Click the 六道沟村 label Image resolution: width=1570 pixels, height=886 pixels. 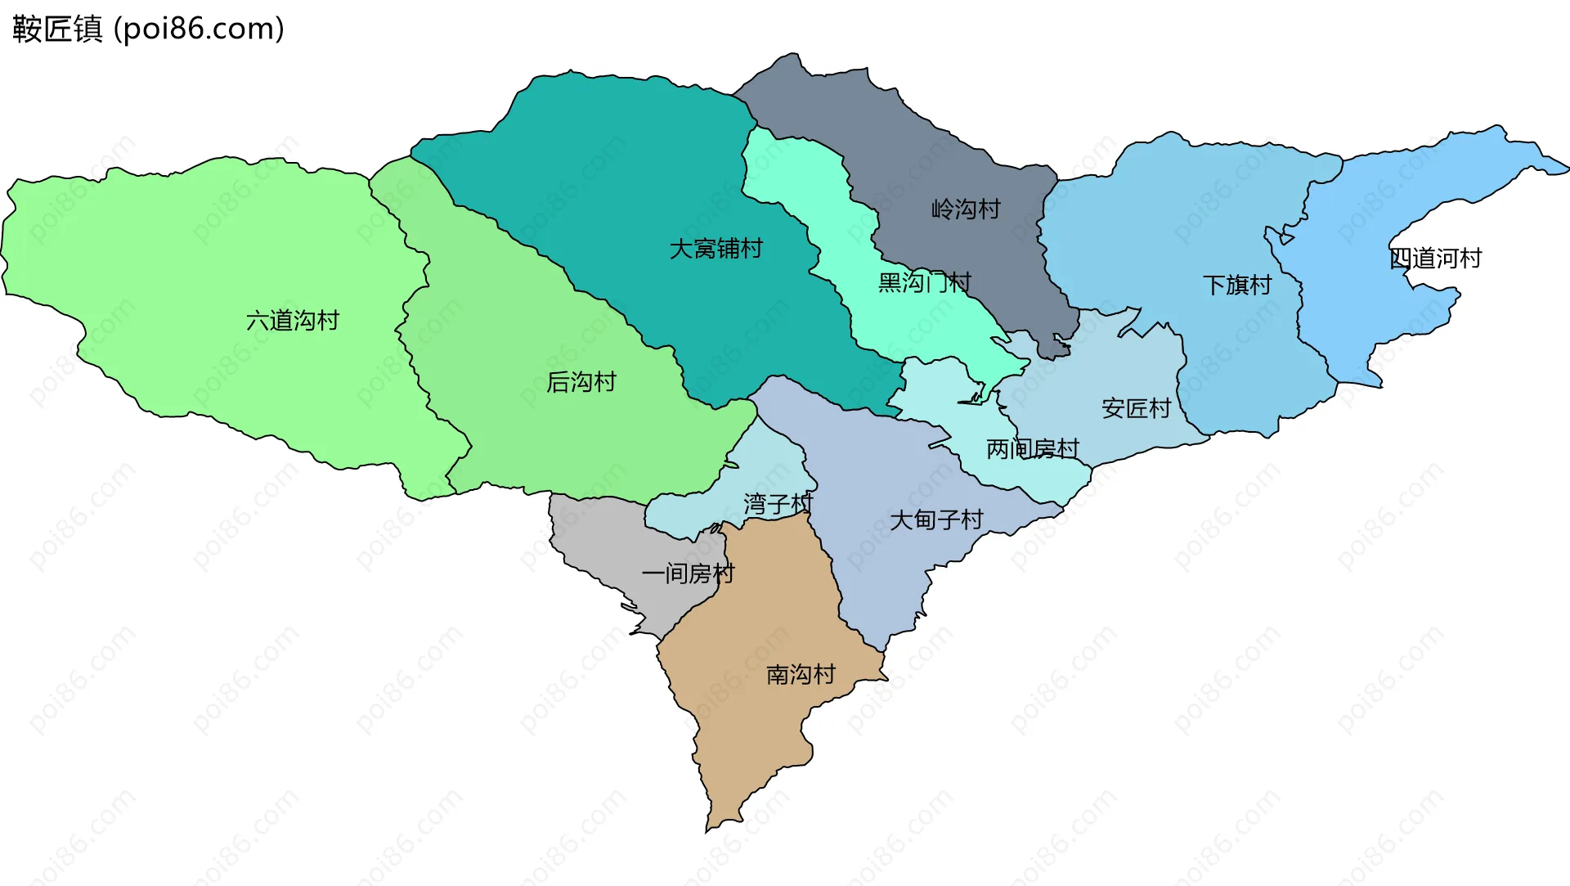point(293,321)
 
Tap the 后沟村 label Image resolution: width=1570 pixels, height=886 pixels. point(581,382)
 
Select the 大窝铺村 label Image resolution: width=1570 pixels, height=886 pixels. point(715,249)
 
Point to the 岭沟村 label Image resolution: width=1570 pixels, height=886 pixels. point(966,209)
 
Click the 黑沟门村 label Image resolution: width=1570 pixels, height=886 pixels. point(924,283)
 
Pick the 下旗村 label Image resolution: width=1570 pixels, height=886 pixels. point(1237,286)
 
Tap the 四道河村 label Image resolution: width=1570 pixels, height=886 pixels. point(1435,259)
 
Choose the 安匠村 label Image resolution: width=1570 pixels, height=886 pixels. point(1136,408)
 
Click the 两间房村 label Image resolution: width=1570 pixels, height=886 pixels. point(1032,449)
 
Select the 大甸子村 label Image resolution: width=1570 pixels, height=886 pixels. point(935,519)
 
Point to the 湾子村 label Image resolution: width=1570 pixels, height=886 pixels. point(778,504)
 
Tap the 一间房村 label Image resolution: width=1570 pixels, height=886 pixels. point(688,573)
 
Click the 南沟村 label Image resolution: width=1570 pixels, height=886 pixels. point(801,675)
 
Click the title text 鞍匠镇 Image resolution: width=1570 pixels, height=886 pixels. point(57,29)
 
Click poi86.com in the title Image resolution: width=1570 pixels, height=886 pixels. point(199,29)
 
